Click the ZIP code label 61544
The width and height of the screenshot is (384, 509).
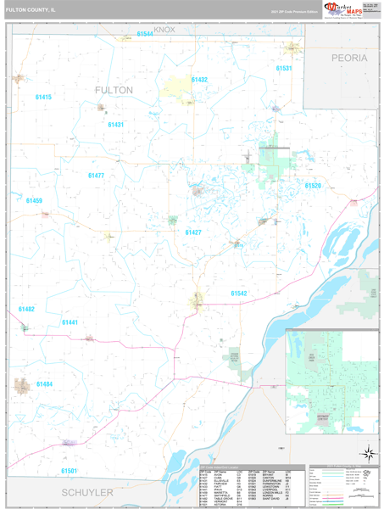145,34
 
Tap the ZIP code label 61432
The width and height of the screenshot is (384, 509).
199,79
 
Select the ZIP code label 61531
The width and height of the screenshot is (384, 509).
284,68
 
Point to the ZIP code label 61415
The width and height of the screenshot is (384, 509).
42,98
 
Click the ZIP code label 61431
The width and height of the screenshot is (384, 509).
116,125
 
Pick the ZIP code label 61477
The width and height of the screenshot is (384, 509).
96,176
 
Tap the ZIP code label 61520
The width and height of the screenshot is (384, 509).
314,185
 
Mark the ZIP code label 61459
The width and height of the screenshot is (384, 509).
34,201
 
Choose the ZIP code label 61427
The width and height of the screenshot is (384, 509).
193,232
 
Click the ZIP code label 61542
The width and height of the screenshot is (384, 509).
238,294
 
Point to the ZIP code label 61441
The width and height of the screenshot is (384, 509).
70,322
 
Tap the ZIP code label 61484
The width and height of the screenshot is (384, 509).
44,384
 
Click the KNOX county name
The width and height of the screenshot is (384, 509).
164,30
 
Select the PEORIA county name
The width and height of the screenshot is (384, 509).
349,58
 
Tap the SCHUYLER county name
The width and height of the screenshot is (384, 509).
86,493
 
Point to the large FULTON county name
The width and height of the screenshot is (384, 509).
114,89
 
